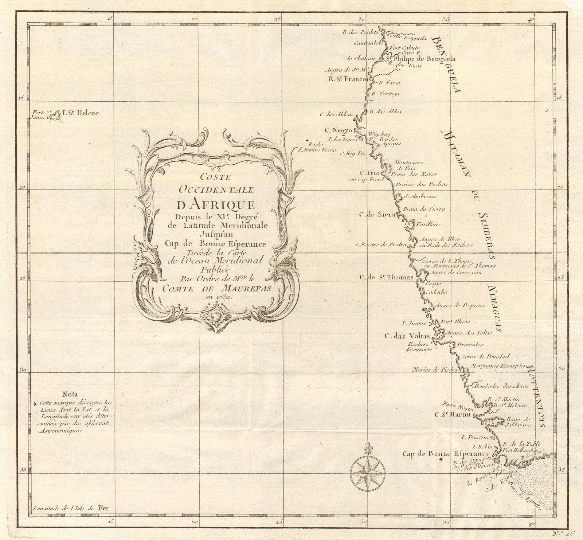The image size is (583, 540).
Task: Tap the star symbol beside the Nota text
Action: pos(35,404)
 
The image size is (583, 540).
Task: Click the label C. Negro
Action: pos(338,130)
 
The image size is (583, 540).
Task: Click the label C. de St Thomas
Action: pos(386,278)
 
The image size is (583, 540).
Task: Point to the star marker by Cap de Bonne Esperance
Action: pos(441,461)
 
